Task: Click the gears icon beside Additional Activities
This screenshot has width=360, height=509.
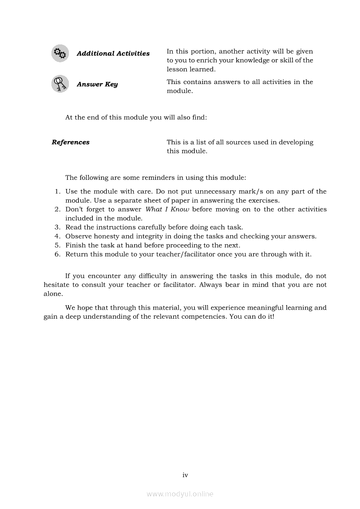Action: [60, 54]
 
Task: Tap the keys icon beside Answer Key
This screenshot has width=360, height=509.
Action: [60, 84]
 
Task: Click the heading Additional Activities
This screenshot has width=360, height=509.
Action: [113, 54]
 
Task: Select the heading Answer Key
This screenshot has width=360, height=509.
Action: [97, 84]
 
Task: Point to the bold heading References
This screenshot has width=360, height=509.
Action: [71, 142]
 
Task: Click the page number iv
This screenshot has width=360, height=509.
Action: [185, 475]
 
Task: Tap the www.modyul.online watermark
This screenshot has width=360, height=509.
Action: [180, 494]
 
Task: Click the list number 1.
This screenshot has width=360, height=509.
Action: [57, 192]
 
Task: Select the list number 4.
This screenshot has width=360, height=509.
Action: [57, 236]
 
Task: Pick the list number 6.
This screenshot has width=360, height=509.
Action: [57, 254]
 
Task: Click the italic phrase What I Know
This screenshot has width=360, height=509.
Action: [167, 209]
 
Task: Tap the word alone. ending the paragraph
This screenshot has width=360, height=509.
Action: [53, 294]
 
